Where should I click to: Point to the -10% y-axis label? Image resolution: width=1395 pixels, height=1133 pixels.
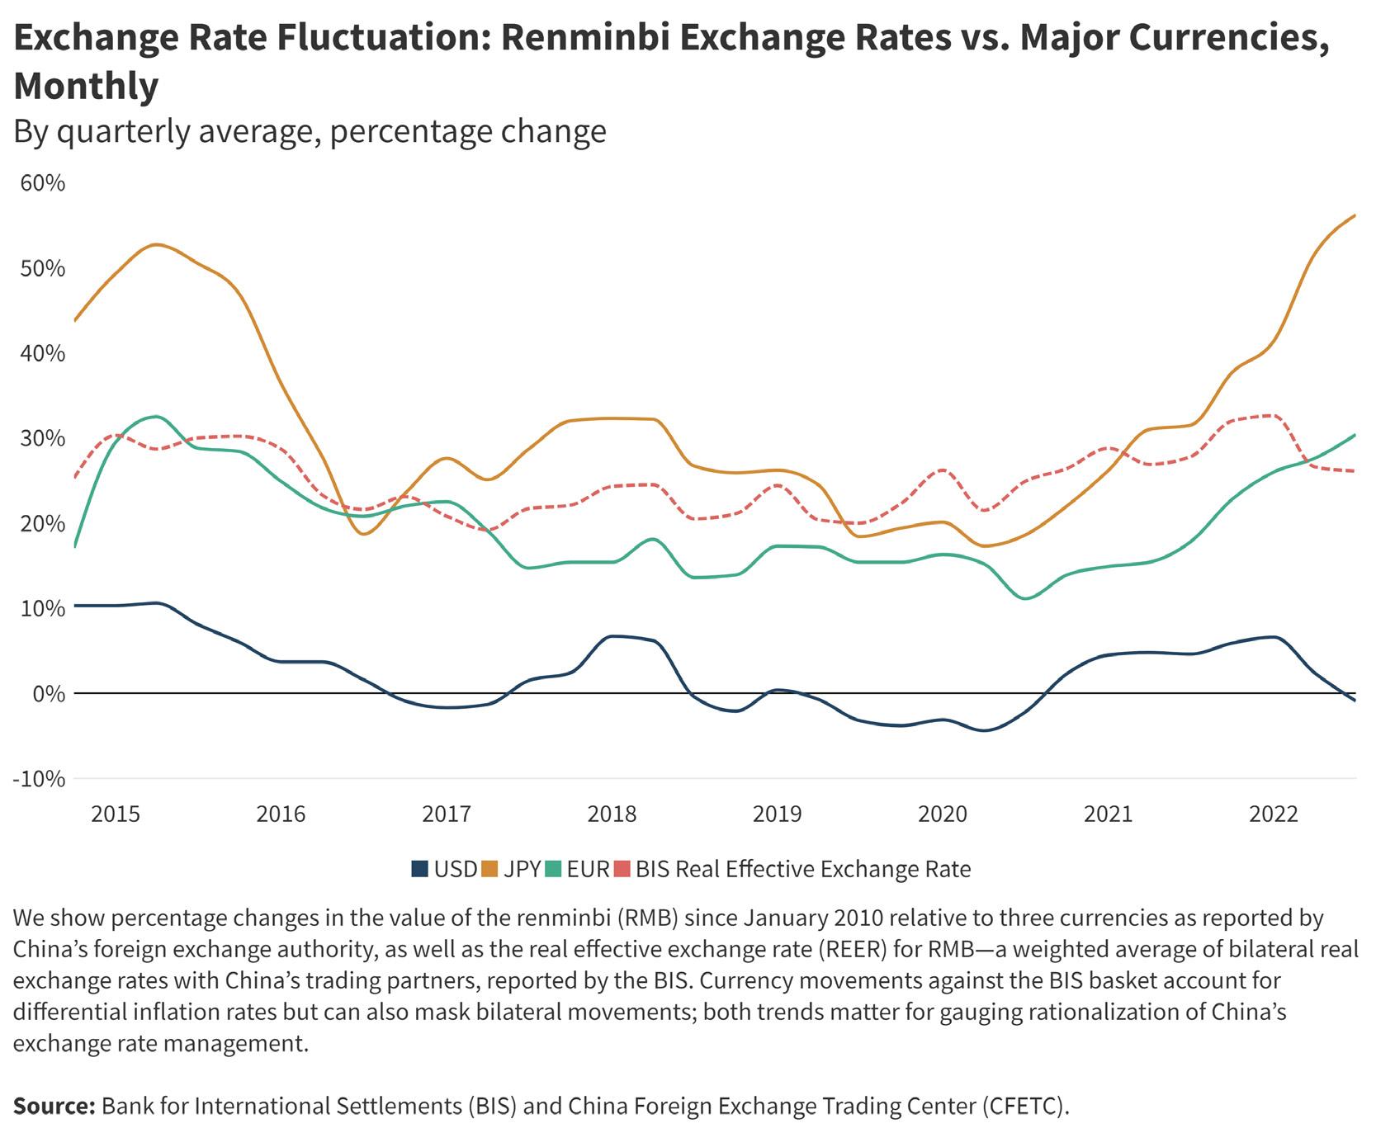(38, 778)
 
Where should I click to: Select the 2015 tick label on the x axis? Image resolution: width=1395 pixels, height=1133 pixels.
(116, 814)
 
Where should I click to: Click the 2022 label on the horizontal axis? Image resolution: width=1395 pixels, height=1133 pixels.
(1274, 814)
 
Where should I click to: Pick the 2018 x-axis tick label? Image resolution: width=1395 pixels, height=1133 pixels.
(612, 814)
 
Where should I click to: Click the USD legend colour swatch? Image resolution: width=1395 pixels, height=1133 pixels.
(420, 869)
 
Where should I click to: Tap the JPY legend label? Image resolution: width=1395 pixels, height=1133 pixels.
(522, 869)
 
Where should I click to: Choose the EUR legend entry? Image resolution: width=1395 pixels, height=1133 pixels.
(588, 869)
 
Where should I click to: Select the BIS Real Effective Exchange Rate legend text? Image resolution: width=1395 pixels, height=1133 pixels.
(802, 869)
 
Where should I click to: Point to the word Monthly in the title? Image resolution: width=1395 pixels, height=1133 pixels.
(86, 86)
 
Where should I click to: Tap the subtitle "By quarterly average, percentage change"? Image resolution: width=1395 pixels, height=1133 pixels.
(310, 131)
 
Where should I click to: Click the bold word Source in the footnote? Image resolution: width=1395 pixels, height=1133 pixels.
(54, 1106)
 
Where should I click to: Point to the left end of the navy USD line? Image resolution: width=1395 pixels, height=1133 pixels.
(75, 606)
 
